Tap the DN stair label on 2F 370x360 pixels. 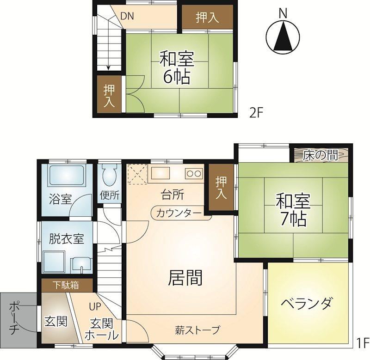click(x=127, y=16)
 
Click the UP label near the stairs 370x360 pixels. click(x=95, y=306)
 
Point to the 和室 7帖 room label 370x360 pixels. click(x=293, y=210)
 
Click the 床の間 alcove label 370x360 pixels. click(x=321, y=155)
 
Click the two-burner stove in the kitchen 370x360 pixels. click(x=194, y=174)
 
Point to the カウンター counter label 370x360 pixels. click(x=179, y=213)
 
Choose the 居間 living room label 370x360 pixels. click(x=185, y=277)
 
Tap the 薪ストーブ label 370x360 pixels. click(x=197, y=330)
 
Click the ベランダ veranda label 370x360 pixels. click(x=307, y=303)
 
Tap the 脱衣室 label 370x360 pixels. click(x=67, y=238)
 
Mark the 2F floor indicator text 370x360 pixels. click(x=256, y=113)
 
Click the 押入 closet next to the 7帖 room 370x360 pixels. click(x=222, y=188)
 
